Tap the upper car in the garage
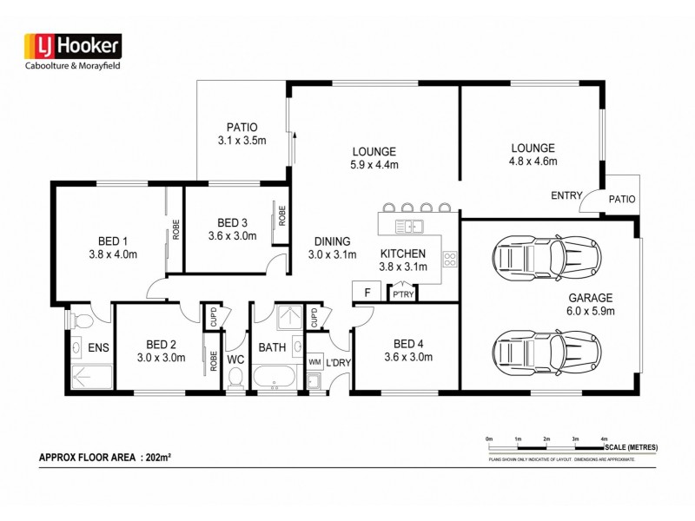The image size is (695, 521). (x=546, y=257)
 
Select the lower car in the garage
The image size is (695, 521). (x=546, y=353)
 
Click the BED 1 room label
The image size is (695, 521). (x=113, y=241)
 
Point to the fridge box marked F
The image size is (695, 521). (x=367, y=293)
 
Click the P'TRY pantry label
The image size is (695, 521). (x=401, y=295)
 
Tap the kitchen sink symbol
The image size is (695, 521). (x=407, y=228)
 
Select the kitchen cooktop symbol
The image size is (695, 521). (x=450, y=258)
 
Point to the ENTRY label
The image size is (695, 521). (x=566, y=196)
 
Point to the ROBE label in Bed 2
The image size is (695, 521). (x=214, y=360)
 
